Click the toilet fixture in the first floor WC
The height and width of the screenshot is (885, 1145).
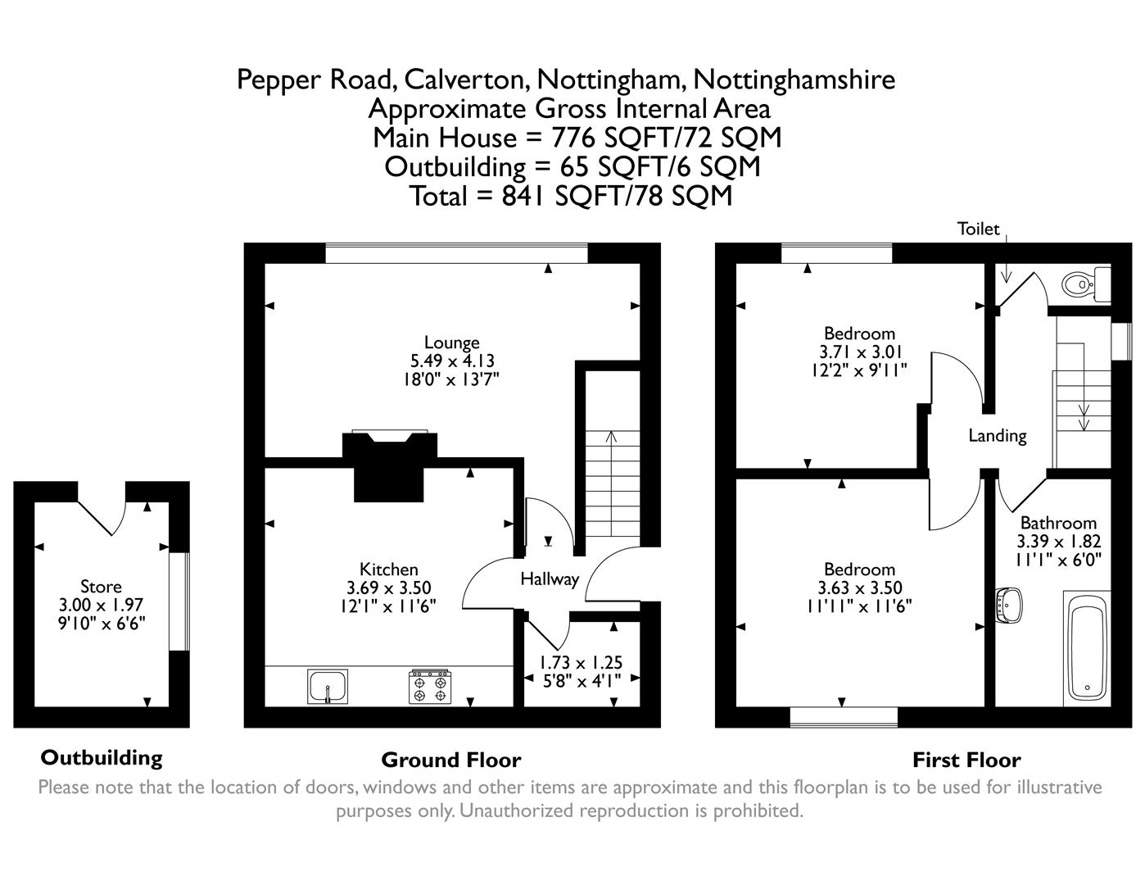(1082, 284)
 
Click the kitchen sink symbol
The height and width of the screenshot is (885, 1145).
(328, 686)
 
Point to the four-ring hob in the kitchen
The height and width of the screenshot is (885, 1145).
(431, 687)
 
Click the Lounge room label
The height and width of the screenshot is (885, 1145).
(451, 343)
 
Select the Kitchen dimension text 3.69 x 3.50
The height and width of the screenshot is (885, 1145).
(389, 588)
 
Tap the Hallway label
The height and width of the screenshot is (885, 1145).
(550, 579)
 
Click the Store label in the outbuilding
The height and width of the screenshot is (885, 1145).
(101, 587)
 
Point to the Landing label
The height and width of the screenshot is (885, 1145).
(997, 435)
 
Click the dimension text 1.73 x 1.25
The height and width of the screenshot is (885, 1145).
(581, 662)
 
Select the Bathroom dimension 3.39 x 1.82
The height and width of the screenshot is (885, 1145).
(1058, 541)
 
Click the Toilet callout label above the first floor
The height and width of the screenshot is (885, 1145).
(979, 229)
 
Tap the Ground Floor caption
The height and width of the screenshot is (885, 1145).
(450, 760)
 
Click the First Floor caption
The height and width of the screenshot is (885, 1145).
(966, 760)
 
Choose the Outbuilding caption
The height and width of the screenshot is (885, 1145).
(102, 757)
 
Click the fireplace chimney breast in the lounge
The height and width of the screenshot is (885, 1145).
(389, 467)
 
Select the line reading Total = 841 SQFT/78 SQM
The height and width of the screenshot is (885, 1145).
(571, 196)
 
